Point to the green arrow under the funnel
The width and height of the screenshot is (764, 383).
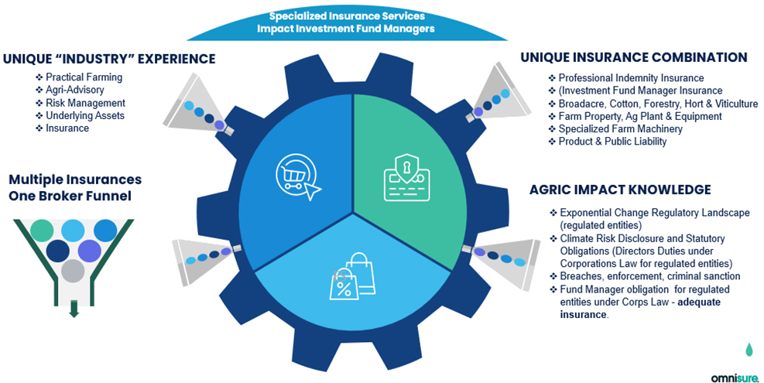[74, 309]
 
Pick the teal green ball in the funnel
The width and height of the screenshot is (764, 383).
[43, 230]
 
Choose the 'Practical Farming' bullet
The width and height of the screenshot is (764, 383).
[84, 77]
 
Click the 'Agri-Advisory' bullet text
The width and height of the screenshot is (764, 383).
[76, 91]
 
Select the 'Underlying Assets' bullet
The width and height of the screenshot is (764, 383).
[85, 115]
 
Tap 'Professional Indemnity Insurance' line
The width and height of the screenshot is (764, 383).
[631, 78]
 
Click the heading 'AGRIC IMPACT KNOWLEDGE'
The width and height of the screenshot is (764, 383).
[620, 190]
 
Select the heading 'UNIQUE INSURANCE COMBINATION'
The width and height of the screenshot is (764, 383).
[633, 58]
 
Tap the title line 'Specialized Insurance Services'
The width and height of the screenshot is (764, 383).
[346, 15]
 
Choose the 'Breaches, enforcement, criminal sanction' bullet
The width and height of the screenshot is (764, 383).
[650, 276]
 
